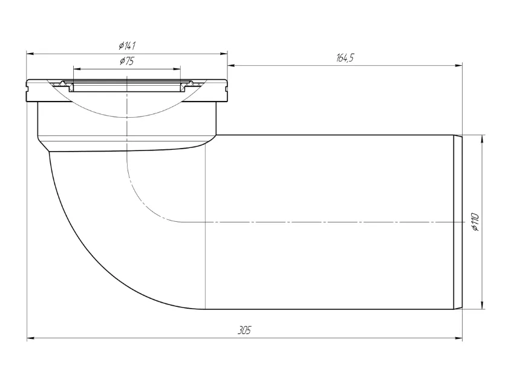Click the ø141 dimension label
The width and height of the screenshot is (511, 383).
coord(127,45)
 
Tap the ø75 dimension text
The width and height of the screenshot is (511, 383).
coord(127,61)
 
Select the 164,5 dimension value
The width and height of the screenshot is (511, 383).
coord(345,58)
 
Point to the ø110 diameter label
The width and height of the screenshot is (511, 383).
coord(475,222)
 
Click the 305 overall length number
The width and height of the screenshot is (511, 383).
coord(244,330)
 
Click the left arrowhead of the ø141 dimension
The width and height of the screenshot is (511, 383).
coord(30,54)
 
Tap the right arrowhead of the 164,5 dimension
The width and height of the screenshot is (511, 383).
coord(458,66)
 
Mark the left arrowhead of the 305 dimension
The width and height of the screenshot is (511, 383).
coord(31,338)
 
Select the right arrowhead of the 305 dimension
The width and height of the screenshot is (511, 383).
coord(458,338)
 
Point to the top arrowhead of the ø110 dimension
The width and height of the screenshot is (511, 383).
coord(482,139)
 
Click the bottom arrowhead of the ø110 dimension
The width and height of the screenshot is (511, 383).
coord(482,305)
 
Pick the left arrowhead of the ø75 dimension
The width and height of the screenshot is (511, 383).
coord(77,69)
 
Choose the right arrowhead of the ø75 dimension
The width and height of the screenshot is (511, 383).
coord(177,69)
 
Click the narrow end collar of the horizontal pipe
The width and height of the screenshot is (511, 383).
coord(458,222)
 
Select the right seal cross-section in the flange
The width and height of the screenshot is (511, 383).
coord(188,86)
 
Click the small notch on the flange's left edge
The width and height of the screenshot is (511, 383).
coord(28,86)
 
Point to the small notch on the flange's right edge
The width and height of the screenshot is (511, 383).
coord(226,86)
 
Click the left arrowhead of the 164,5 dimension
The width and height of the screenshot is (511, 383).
coord(232,66)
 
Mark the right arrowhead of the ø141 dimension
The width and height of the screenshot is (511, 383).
coord(224,54)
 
